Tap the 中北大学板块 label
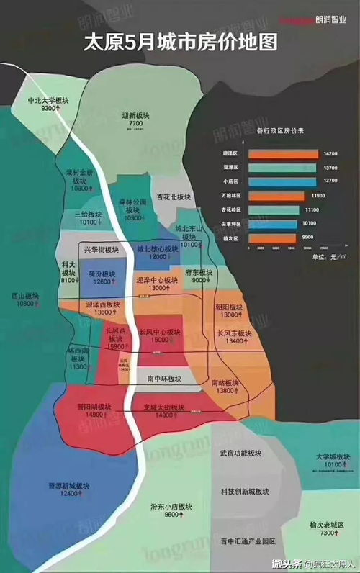48,100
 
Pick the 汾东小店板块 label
171,506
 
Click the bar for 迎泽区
283,154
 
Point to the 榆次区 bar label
232,236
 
